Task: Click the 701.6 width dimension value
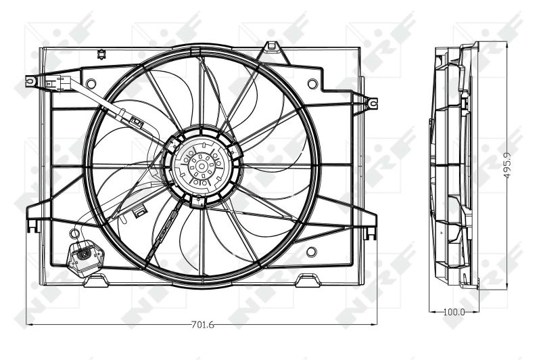202,324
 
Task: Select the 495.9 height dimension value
507,165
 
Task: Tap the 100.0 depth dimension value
454,312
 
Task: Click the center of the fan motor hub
201,166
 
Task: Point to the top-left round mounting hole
91,83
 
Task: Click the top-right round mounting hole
312,83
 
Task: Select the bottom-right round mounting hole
311,252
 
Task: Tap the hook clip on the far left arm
31,81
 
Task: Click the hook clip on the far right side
372,103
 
